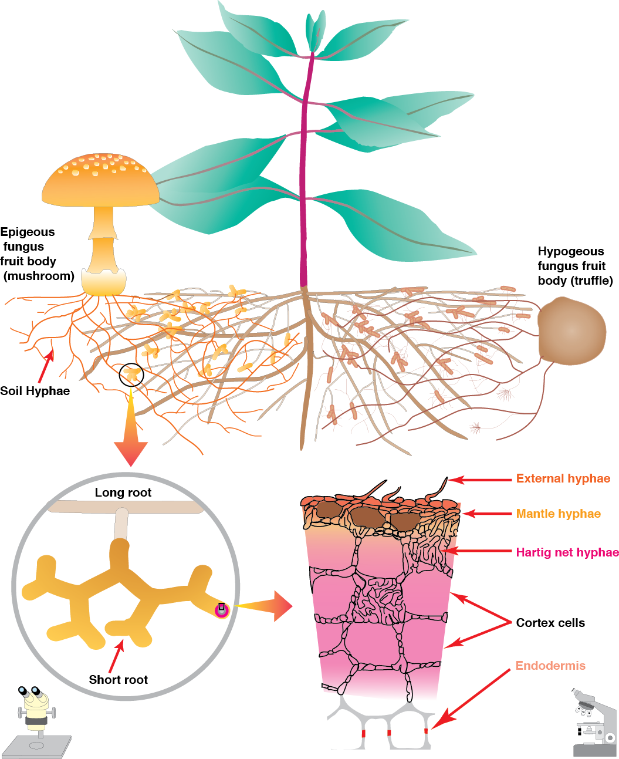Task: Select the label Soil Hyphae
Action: point(35,391)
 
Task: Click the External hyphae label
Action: point(563,478)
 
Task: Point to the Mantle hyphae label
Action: point(558,514)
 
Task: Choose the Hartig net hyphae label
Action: point(567,552)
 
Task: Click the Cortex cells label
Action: point(550,623)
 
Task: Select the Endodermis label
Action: point(550,666)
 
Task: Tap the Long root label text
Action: point(123,492)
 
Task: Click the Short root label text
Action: point(118,680)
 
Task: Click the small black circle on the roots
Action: point(131,375)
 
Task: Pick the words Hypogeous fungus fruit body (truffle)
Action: point(575,266)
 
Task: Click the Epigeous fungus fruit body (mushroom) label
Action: point(36,254)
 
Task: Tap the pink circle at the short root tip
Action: point(221,610)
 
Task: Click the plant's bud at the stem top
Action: point(314,29)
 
